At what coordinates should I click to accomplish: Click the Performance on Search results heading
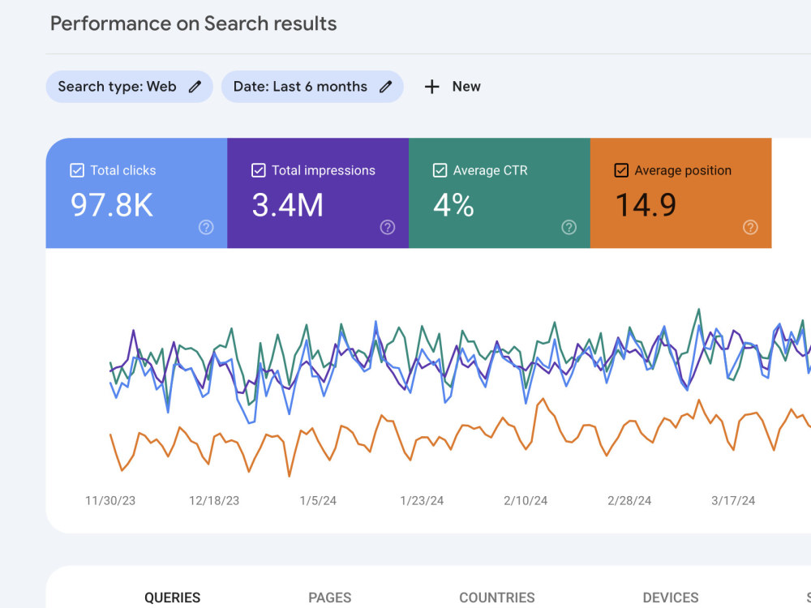click(x=194, y=24)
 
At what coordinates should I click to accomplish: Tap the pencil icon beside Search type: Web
click(x=195, y=87)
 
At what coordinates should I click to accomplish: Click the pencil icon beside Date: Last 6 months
click(x=385, y=87)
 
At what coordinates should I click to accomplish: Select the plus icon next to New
click(x=432, y=87)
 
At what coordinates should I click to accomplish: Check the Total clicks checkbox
click(x=77, y=170)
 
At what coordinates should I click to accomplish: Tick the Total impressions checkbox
click(x=258, y=170)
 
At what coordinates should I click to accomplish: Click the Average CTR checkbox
click(x=440, y=170)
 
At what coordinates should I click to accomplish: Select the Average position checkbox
click(x=621, y=170)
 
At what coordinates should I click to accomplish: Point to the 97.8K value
click(x=112, y=205)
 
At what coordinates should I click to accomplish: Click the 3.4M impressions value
click(x=288, y=205)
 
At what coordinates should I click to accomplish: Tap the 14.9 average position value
click(x=646, y=205)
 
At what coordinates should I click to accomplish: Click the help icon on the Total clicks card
click(x=206, y=227)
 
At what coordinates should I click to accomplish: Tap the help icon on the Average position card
click(x=750, y=227)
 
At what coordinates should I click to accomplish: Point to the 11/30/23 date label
click(x=110, y=500)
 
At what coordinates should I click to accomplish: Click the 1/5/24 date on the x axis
click(x=318, y=500)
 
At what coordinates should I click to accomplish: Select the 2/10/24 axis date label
click(x=526, y=500)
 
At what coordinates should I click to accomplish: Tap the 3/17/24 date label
click(x=733, y=500)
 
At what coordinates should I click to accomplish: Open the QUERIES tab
click(x=172, y=597)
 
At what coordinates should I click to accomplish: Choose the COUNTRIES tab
click(x=497, y=597)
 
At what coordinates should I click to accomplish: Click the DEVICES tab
click(x=671, y=597)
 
